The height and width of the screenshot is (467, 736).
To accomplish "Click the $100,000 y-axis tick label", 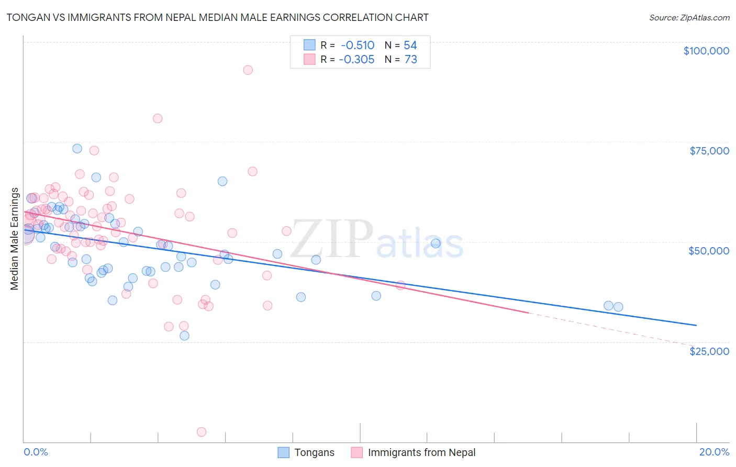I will point(706,51).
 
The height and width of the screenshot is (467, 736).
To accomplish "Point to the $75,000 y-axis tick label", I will point(709,151).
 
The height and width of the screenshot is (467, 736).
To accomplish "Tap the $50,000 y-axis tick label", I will point(709,251).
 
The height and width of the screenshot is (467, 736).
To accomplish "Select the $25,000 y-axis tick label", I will point(709,351).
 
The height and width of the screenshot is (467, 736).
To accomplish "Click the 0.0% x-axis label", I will point(36,452).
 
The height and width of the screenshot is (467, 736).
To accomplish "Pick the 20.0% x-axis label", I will point(714,452).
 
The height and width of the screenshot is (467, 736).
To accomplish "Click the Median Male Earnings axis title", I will point(15,238).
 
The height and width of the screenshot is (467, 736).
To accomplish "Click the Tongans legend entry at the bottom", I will point(314,452).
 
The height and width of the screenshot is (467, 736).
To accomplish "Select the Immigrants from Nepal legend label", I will point(421,452).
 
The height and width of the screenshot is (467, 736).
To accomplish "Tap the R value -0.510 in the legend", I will point(357,46).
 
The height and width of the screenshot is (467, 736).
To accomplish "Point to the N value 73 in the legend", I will point(411,60).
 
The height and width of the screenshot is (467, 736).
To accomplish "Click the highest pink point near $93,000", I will point(248,70).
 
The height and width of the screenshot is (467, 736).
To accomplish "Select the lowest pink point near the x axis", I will point(202,432).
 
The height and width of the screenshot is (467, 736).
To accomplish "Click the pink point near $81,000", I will point(158,118).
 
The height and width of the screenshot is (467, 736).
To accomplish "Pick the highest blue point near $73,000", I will point(77,148).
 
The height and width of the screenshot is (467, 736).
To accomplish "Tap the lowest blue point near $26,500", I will point(184,336).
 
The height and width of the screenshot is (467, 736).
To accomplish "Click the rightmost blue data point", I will point(618,307).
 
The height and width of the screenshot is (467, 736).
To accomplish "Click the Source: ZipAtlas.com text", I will point(689,17).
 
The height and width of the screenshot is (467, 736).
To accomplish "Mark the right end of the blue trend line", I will point(696,326).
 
